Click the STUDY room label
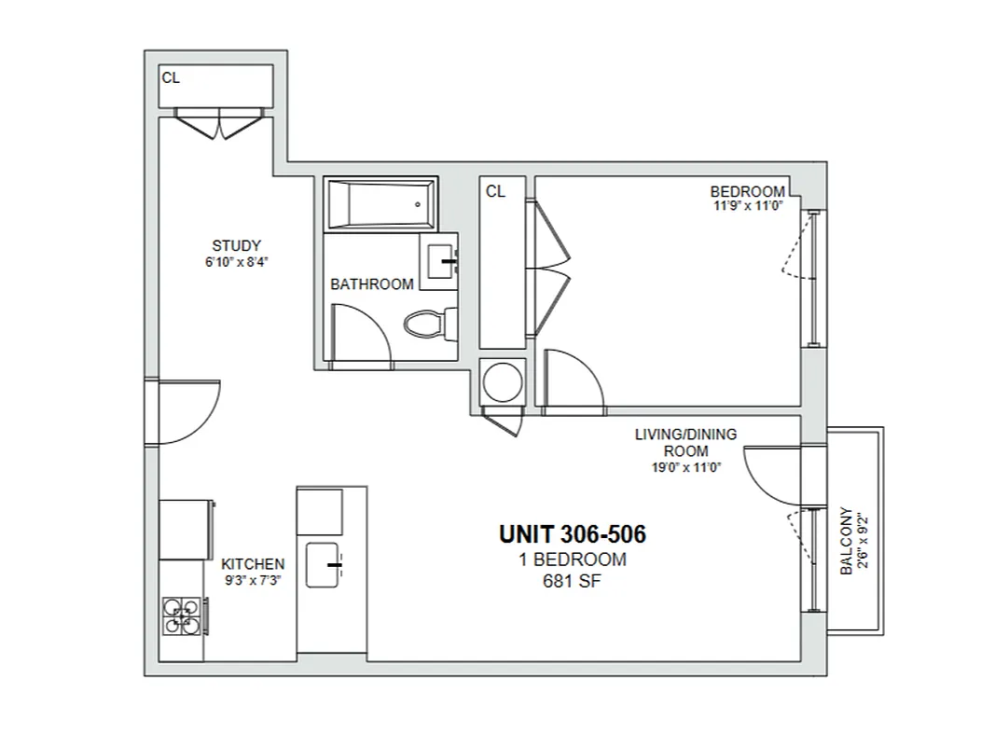(236, 246)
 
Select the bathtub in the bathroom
(380, 204)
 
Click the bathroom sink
(443, 263)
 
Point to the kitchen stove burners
(182, 615)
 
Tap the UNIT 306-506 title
(572, 534)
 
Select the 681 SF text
(571, 582)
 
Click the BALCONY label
(847, 541)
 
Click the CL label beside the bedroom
(495, 191)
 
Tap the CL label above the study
(171, 78)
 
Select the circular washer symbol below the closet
(502, 382)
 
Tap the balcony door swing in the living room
(772, 471)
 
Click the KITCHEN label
(253, 564)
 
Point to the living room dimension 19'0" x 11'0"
(685, 467)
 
